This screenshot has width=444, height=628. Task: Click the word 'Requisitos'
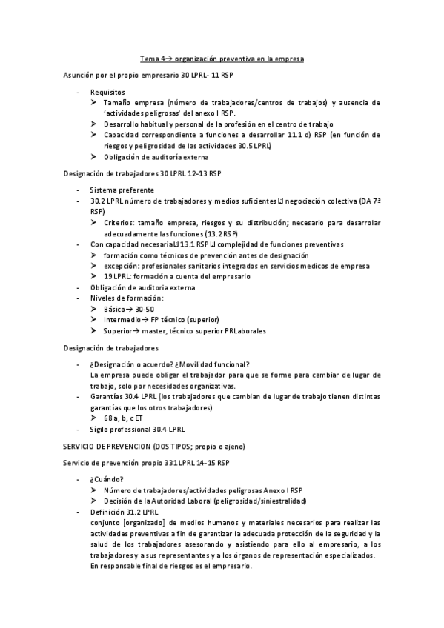(107, 92)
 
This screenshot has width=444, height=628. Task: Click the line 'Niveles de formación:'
(127, 298)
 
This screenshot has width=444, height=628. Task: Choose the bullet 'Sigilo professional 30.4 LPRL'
(137, 429)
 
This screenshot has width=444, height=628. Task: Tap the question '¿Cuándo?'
(106, 479)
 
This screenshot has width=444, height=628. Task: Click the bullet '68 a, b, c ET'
(125, 418)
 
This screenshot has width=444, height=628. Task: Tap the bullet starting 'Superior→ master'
(185, 330)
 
